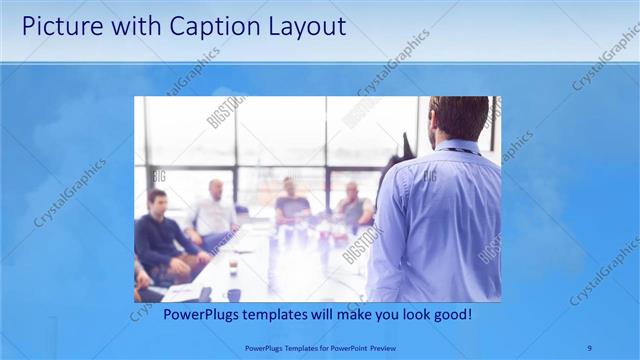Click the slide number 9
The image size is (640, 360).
pos(589,347)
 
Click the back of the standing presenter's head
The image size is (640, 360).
pos(459,118)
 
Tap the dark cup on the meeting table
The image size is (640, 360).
pos(233,294)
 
